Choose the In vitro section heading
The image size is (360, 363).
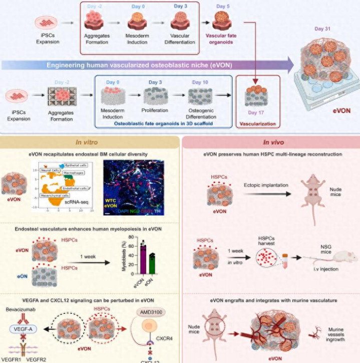[x=86, y=141]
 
